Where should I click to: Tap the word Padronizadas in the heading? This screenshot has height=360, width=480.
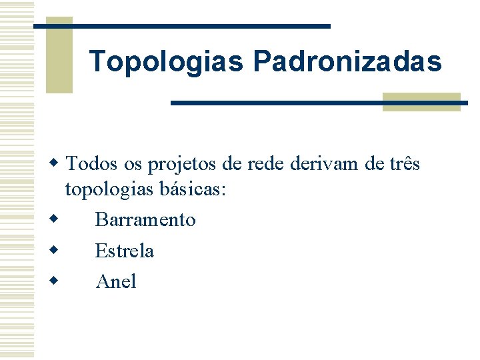347,61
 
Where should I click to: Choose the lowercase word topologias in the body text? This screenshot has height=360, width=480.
111,190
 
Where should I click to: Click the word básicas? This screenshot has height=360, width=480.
194,189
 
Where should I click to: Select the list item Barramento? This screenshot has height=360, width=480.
145,219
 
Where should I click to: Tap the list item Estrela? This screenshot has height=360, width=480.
125,251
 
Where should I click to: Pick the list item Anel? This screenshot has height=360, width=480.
116,281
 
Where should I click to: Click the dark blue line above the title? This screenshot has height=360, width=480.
200,26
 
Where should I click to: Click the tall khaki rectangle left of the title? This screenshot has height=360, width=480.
59,55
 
